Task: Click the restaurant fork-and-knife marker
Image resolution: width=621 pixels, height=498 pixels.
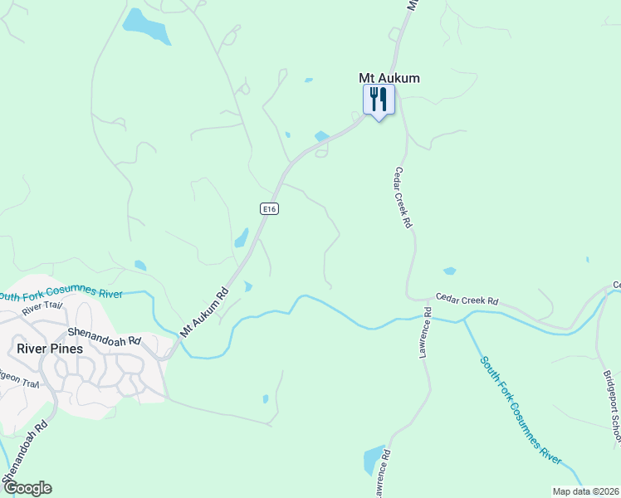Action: click(379, 100)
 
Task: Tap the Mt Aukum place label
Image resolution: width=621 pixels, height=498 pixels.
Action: click(389, 78)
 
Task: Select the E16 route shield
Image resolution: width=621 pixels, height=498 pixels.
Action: click(268, 209)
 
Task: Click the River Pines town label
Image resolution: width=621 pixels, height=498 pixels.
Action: click(50, 349)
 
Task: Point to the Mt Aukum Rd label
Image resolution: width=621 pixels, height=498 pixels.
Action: click(204, 311)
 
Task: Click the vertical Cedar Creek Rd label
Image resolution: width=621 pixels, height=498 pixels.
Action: click(403, 198)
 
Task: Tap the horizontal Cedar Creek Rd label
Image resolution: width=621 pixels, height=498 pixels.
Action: click(467, 300)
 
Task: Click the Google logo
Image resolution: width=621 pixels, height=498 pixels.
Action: click(27, 488)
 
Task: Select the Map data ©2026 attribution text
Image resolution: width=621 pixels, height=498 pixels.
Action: click(585, 491)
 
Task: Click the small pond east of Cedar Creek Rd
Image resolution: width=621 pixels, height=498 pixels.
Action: click(449, 271)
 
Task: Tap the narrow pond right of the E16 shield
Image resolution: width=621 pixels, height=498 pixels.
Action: click(242, 238)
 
